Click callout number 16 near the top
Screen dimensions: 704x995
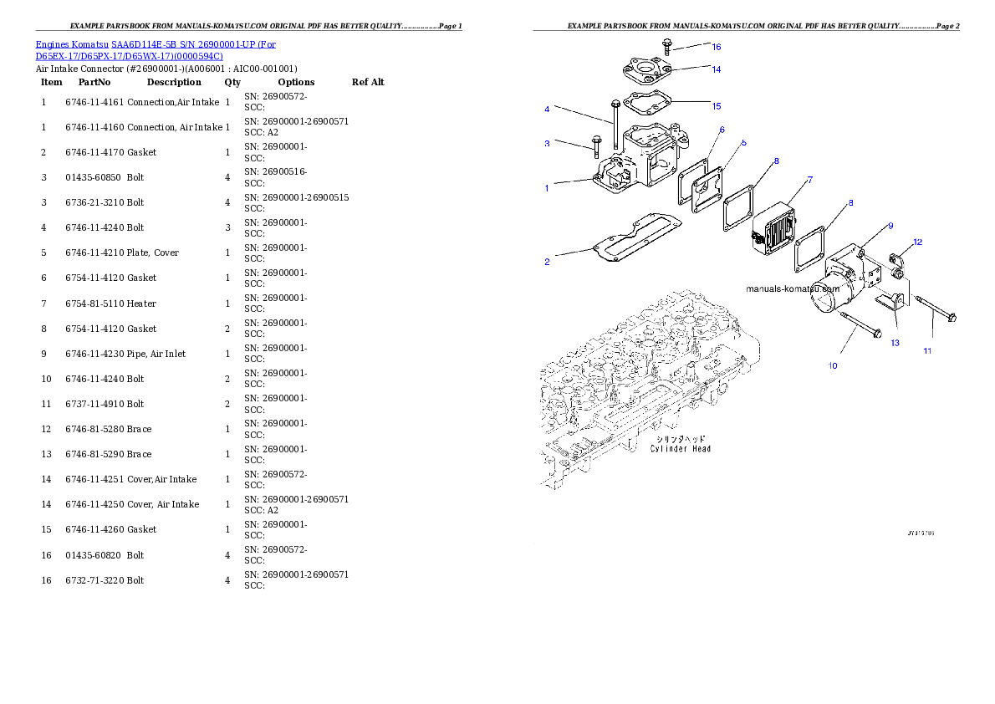[716, 47]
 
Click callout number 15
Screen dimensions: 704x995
[716, 106]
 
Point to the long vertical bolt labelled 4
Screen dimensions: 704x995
[615, 130]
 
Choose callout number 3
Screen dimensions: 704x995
[547, 144]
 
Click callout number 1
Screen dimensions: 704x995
[547, 188]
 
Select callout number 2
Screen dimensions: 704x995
[547, 263]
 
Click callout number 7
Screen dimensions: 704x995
[809, 180]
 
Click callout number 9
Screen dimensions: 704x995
[890, 226]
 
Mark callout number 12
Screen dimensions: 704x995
[917, 242]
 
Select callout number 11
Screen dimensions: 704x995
[927, 351]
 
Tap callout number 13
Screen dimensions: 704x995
[895, 343]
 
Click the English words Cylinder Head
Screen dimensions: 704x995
[681, 449]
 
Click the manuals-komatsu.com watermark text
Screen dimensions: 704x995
[792, 288]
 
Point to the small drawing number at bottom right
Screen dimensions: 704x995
[921, 532]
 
